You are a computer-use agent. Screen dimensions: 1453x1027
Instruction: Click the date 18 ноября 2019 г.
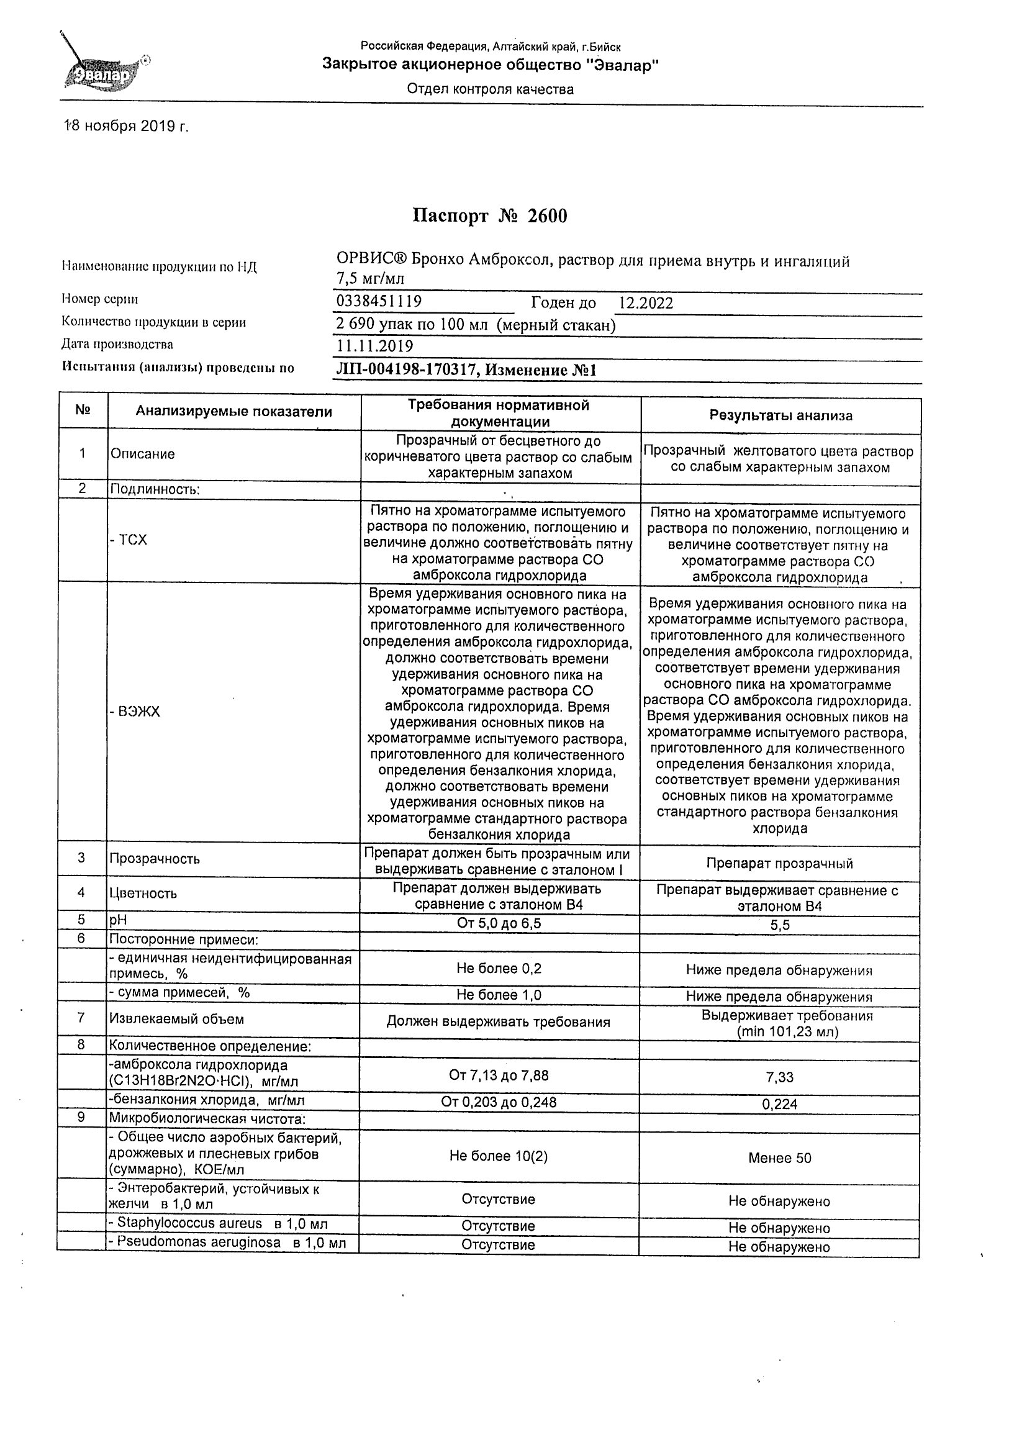127,127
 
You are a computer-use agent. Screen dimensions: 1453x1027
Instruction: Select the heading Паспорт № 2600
490,217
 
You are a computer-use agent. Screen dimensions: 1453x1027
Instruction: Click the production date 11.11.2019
374,346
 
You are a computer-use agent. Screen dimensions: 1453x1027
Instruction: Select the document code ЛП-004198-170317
405,370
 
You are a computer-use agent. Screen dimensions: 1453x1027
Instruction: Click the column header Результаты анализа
780,416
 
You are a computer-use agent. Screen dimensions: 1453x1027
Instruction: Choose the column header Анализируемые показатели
233,412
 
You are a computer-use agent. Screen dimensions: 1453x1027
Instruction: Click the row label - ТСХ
129,540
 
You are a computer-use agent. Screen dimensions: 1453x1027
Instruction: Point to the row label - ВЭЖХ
135,712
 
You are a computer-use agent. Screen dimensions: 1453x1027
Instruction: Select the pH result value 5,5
780,925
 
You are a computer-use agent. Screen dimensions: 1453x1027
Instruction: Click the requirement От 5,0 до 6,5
499,923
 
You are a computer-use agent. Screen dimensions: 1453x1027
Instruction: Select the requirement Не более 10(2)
499,1156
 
